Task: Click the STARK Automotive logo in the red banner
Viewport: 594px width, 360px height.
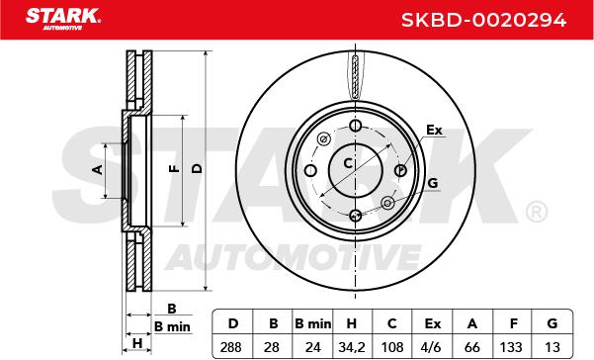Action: [63, 19]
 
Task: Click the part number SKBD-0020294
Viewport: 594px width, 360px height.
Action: [483, 20]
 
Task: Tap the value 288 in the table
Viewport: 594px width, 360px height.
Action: [230, 347]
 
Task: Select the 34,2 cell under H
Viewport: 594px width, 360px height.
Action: [351, 347]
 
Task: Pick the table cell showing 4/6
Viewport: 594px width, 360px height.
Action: [432, 347]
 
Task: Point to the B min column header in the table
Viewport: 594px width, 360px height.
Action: [313, 323]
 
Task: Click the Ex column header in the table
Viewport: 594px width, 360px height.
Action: [433, 323]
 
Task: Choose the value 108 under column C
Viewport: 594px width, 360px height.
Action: [392, 347]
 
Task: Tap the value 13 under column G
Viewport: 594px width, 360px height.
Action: [552, 347]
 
